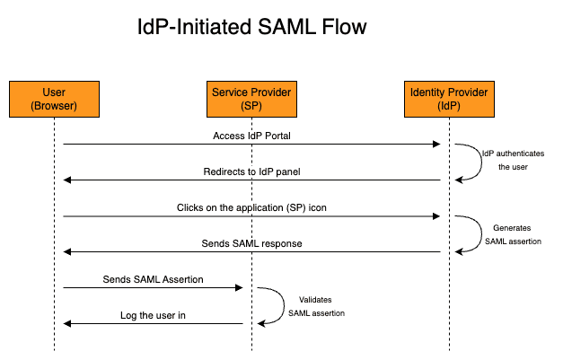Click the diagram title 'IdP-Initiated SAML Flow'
pos(252,27)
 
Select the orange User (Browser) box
pos(54,99)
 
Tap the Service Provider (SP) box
pos(251,99)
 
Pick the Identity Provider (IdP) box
pos(449,99)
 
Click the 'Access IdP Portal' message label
pos(251,136)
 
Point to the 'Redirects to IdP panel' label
pos(251,171)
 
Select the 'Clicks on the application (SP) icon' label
pos(251,207)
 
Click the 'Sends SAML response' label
pos(251,243)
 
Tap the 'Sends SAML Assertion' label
pos(153,279)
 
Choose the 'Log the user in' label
pos(153,315)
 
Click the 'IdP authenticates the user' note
pos(513,160)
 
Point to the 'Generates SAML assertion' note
pos(513,234)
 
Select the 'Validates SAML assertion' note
pos(316,306)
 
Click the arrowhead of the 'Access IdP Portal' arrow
pos(436,145)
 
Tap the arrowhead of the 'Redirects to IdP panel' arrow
pos(67,180)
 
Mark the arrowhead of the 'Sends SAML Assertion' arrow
pos(239,288)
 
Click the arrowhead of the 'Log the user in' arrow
pos(67,324)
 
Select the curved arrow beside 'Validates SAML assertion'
pos(284,305)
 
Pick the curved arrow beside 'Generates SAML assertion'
pos(481,233)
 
